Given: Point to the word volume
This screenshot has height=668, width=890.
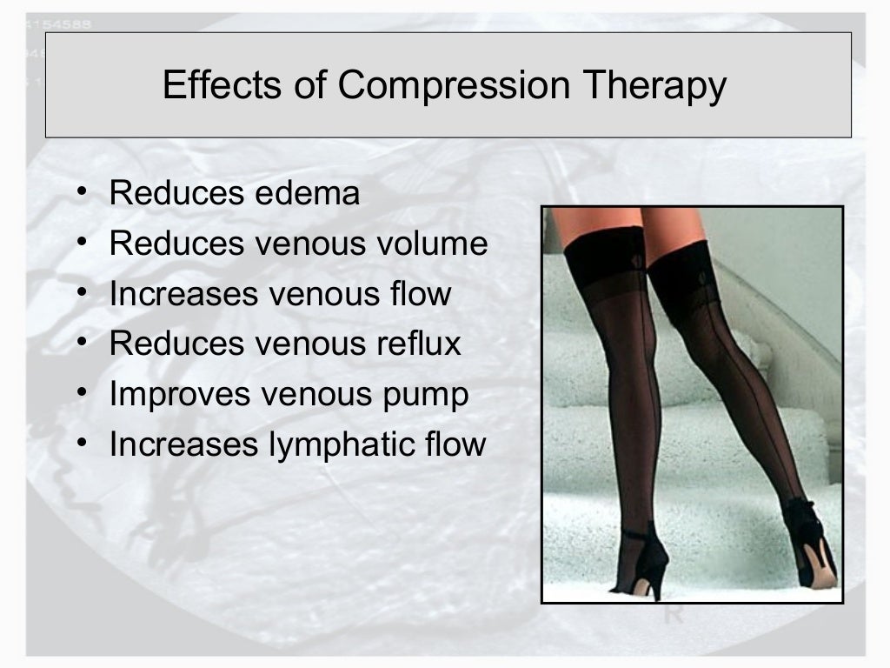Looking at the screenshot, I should pyautogui.click(x=435, y=244).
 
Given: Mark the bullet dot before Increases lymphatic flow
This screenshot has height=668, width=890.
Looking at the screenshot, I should pyautogui.click(x=81, y=444).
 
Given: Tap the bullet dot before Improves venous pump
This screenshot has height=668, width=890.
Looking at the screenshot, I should pyautogui.click(x=81, y=393).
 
